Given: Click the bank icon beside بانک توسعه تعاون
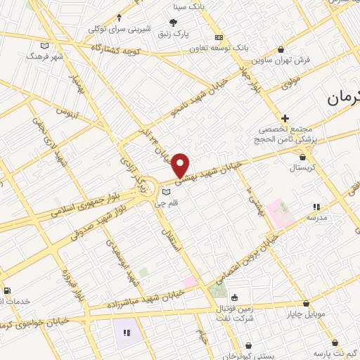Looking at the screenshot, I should click(x=219, y=37).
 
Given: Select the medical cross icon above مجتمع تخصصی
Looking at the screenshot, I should click(x=285, y=118).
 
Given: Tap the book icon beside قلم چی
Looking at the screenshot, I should click(x=165, y=191).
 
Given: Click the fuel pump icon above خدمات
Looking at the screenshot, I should click(x=6, y=290).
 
